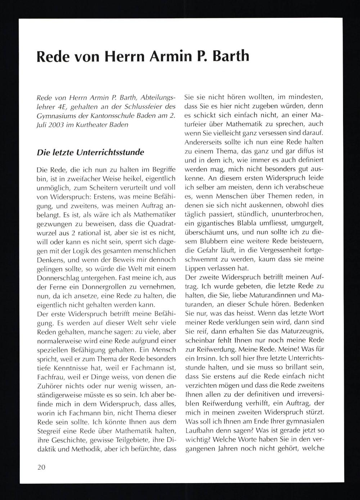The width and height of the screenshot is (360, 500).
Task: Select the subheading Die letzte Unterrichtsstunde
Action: coord(90,152)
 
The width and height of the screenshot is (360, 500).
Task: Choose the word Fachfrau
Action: coord(49,377)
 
